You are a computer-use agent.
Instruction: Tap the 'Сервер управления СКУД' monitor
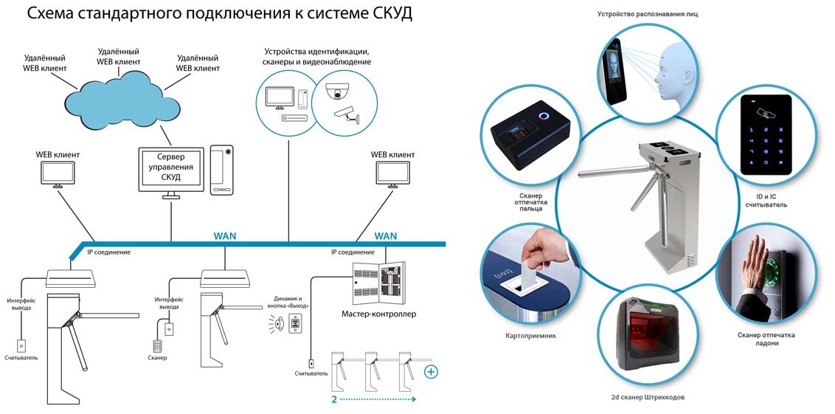point(170,169)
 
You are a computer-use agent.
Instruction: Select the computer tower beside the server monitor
point(222,170)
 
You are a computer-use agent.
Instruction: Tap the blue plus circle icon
point(430,371)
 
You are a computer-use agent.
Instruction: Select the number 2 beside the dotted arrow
point(334,399)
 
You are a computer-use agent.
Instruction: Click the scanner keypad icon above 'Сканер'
point(157,345)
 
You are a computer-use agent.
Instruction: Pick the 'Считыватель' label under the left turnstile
point(22,358)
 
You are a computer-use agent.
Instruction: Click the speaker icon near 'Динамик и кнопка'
point(279,322)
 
